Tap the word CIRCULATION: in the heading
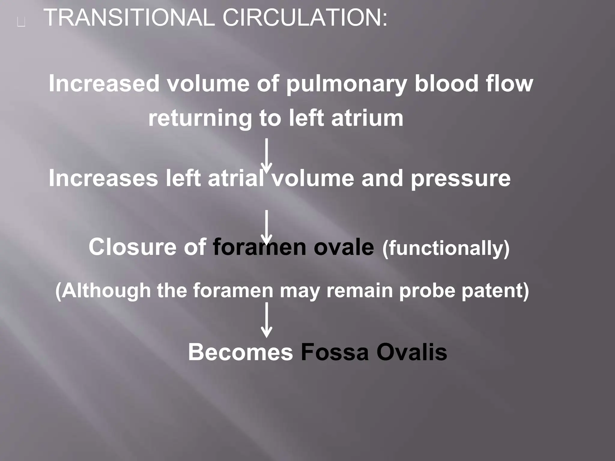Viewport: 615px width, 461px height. click(x=304, y=18)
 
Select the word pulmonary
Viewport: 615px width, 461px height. click(x=346, y=84)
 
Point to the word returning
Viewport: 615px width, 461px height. click(x=200, y=119)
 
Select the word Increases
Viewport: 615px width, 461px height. click(x=103, y=178)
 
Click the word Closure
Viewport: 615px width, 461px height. click(x=132, y=247)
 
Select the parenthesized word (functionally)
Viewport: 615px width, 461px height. click(x=446, y=249)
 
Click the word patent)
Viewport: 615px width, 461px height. click(x=495, y=291)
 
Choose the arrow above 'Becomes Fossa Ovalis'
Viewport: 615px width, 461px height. click(x=266, y=320)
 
